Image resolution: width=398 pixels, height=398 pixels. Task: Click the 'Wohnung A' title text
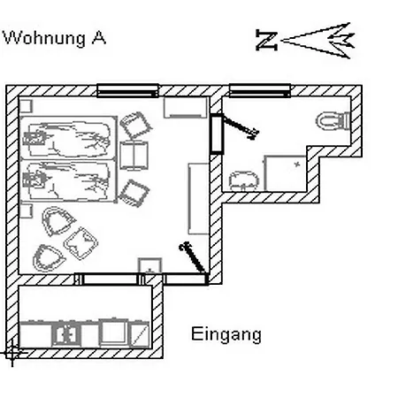click(x=54, y=38)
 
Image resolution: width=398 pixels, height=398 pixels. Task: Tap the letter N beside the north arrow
click(x=266, y=40)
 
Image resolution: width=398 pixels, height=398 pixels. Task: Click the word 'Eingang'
click(x=226, y=334)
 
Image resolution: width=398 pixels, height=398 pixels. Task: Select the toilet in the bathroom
click(x=333, y=120)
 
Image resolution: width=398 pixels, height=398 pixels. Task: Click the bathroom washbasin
click(x=243, y=180)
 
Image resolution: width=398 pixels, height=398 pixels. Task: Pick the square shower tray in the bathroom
click(x=286, y=173)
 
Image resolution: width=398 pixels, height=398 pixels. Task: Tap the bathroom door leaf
click(x=241, y=126)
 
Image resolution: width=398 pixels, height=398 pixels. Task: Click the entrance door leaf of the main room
click(x=192, y=257)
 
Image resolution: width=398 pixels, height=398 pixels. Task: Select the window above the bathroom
click(x=260, y=90)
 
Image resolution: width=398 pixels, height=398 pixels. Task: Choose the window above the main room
click(x=127, y=90)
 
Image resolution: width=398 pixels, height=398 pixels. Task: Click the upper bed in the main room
click(x=68, y=138)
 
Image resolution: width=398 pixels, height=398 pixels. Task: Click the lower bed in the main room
click(x=68, y=181)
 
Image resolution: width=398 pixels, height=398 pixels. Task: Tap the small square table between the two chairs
click(x=134, y=156)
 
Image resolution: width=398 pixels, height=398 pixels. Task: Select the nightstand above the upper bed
click(x=26, y=106)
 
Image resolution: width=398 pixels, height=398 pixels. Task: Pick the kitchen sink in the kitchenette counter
click(x=66, y=334)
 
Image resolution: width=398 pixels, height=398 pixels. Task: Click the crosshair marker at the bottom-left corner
click(x=12, y=352)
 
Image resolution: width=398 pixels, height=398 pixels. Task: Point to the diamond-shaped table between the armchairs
click(x=81, y=243)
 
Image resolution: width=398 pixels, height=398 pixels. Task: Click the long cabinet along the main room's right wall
click(x=198, y=199)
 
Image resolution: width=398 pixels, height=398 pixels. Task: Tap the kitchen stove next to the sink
click(x=114, y=333)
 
